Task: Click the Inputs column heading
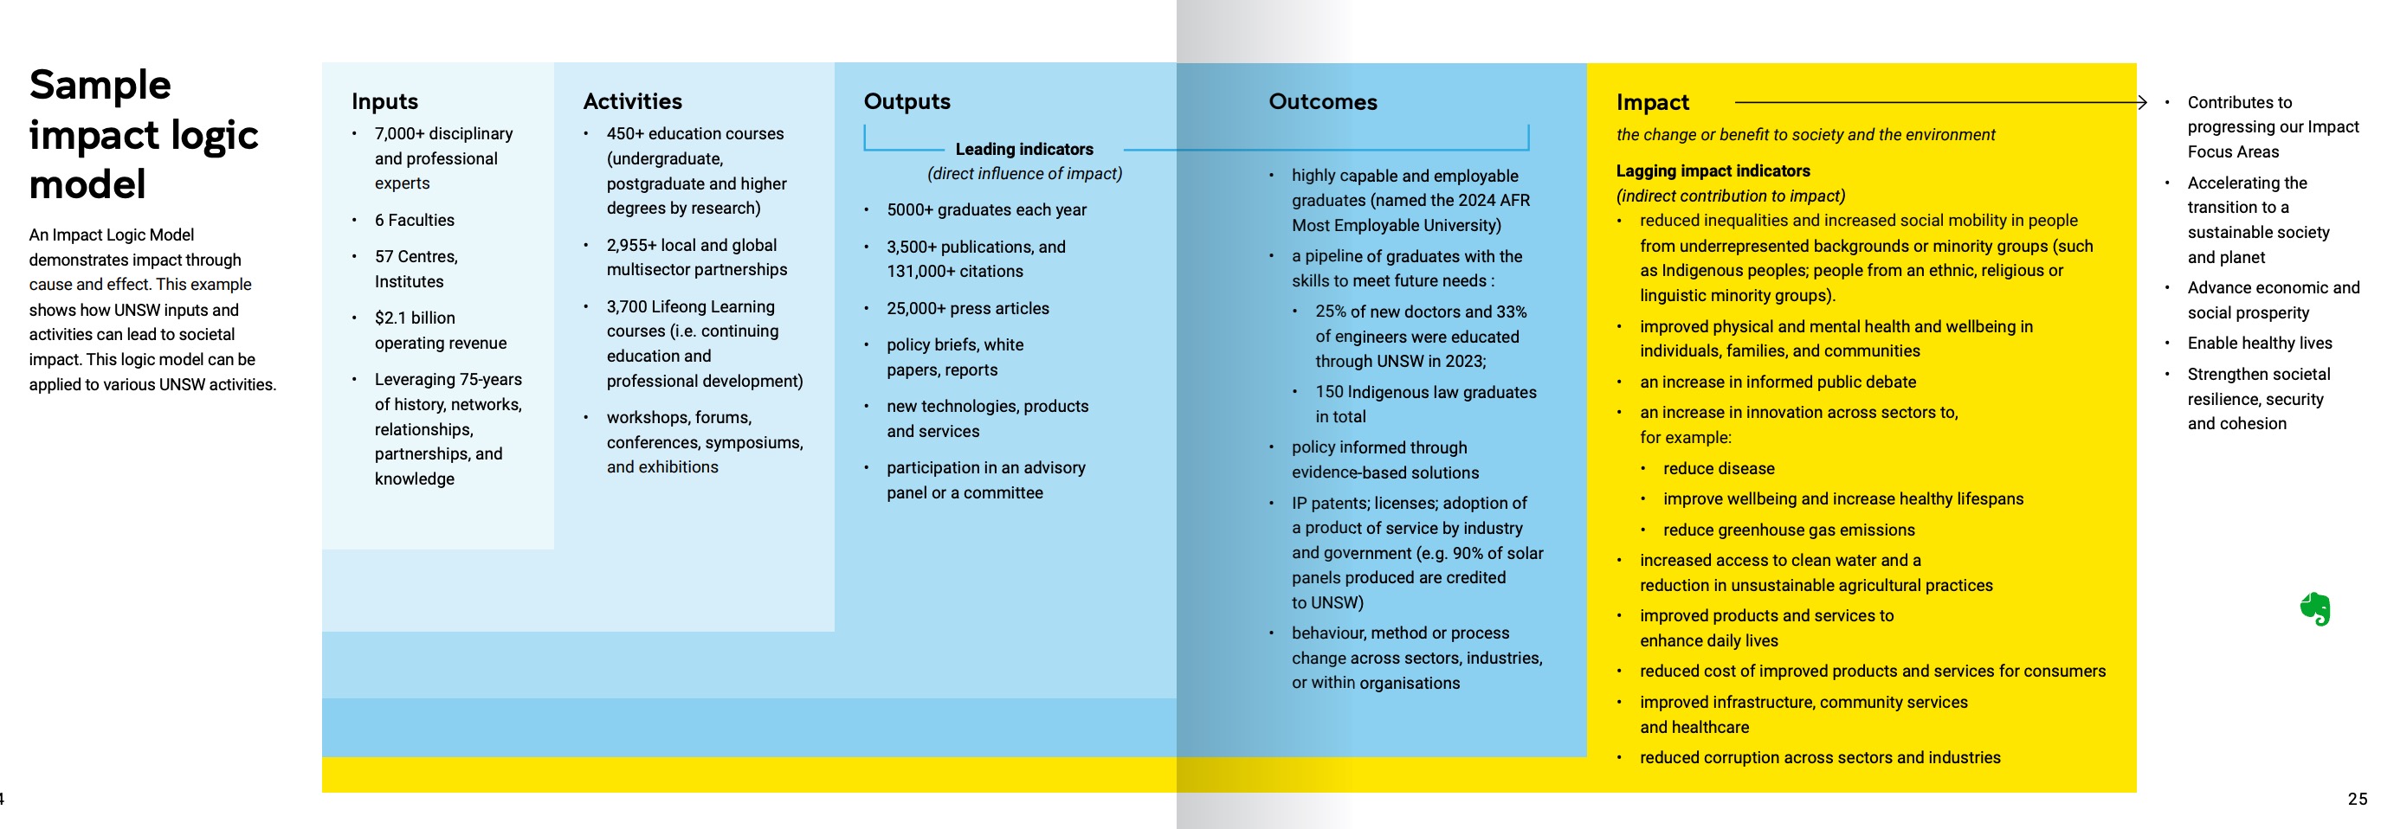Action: click(384, 101)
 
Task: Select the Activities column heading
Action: click(632, 101)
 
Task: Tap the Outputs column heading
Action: click(906, 101)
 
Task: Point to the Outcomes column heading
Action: click(1322, 101)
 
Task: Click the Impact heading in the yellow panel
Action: click(1652, 103)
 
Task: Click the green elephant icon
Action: click(2314, 608)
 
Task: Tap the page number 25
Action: click(2357, 800)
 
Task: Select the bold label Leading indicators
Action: click(1023, 149)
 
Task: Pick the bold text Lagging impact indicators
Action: click(1712, 171)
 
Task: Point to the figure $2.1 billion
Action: click(414, 318)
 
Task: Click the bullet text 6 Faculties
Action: click(414, 220)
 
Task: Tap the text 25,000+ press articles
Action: click(967, 309)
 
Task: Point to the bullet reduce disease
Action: click(1718, 468)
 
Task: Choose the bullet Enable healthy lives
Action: click(2259, 343)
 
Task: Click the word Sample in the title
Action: click(100, 85)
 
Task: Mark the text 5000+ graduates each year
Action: click(985, 209)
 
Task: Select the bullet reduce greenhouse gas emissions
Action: click(1788, 530)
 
